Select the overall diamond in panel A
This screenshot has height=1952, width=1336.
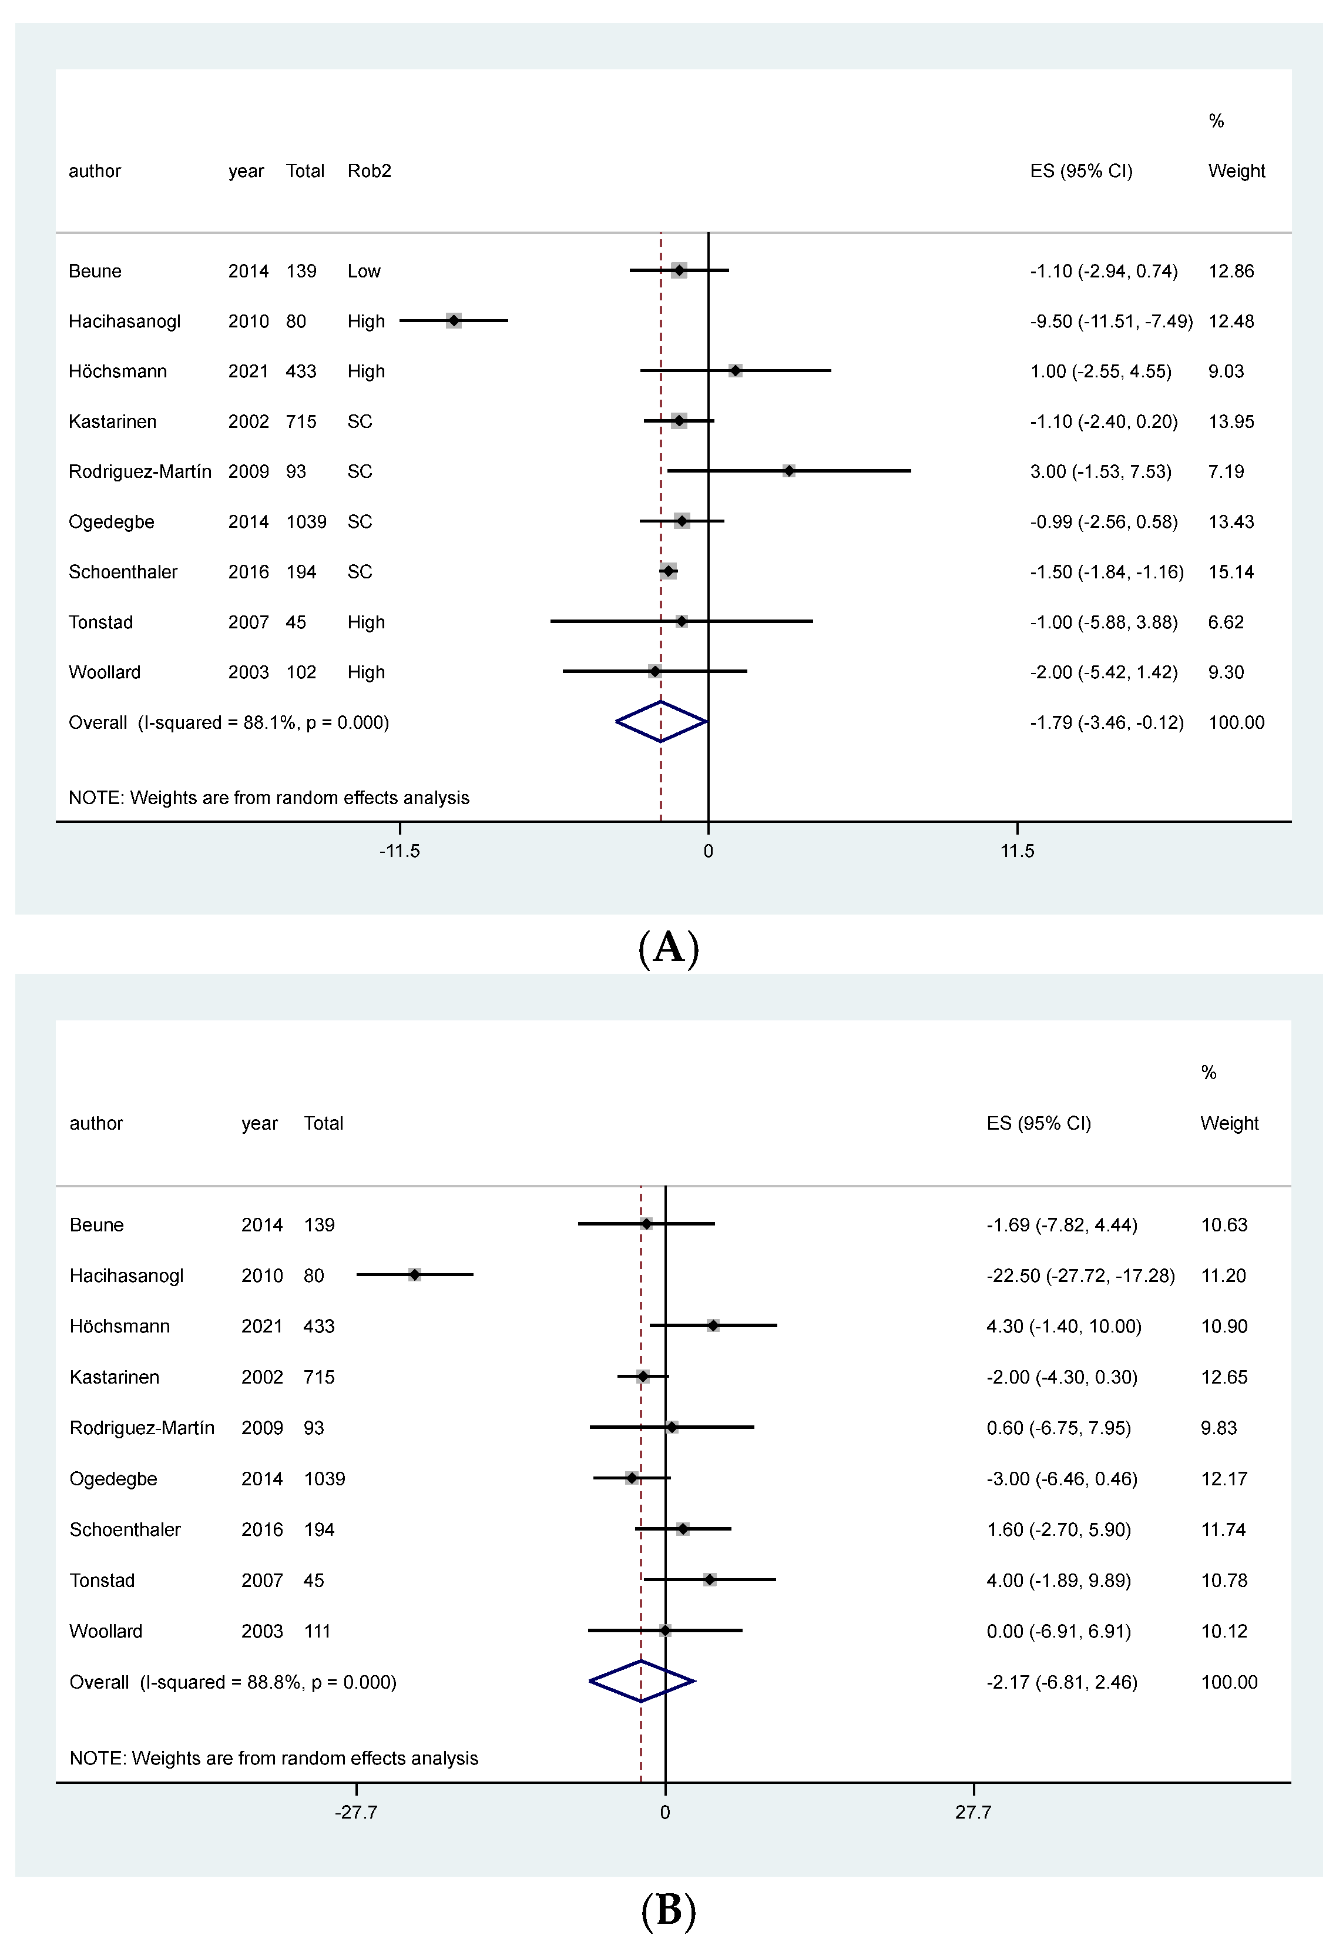tap(661, 722)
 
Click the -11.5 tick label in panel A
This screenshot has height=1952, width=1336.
tap(399, 851)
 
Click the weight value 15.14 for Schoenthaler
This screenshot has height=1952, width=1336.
tap(1230, 572)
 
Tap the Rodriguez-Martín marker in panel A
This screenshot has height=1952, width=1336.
tap(788, 471)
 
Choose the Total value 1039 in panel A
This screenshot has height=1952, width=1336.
tap(306, 521)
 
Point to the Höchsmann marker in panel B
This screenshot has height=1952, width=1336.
tap(713, 1325)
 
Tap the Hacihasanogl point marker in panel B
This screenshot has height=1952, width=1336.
tap(414, 1274)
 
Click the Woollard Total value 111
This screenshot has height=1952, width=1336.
tap(317, 1630)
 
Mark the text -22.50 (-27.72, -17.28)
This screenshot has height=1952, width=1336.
tap(1080, 1275)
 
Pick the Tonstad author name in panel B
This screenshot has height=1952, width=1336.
tap(102, 1580)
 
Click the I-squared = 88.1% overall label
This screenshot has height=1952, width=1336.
tap(229, 722)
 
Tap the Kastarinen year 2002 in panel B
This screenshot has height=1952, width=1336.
tap(261, 1377)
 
